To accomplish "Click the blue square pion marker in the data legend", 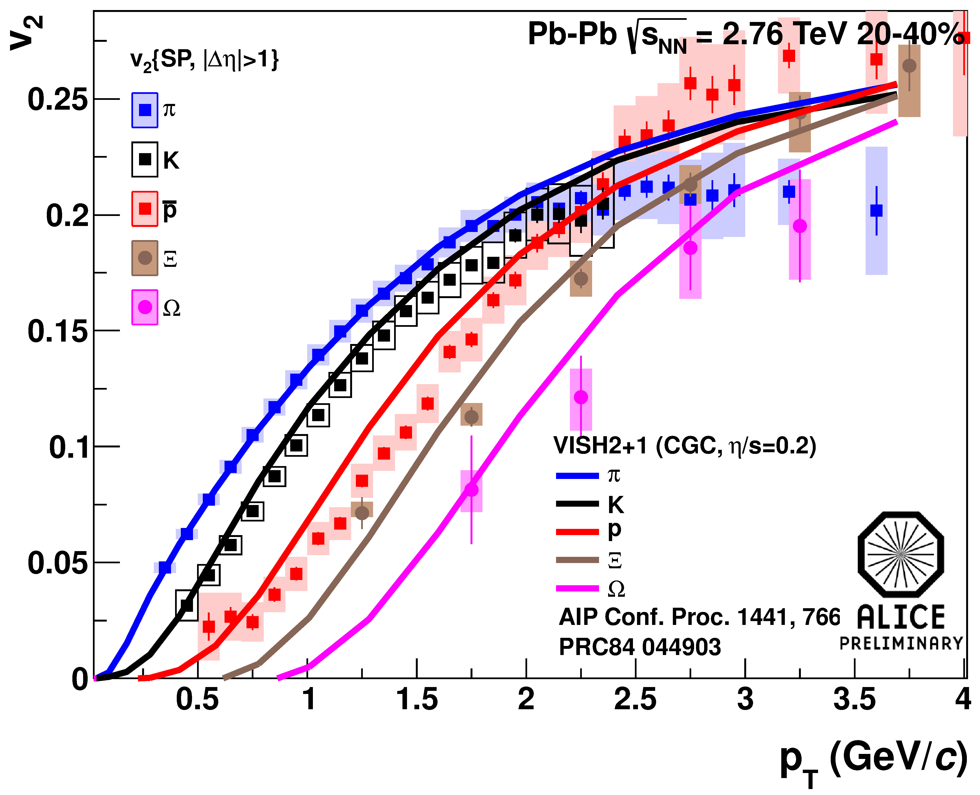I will pyautogui.click(x=145, y=110).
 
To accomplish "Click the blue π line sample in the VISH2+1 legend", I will pyautogui.click(x=577, y=476).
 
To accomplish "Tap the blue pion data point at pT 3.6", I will pyautogui.click(x=876, y=211).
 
